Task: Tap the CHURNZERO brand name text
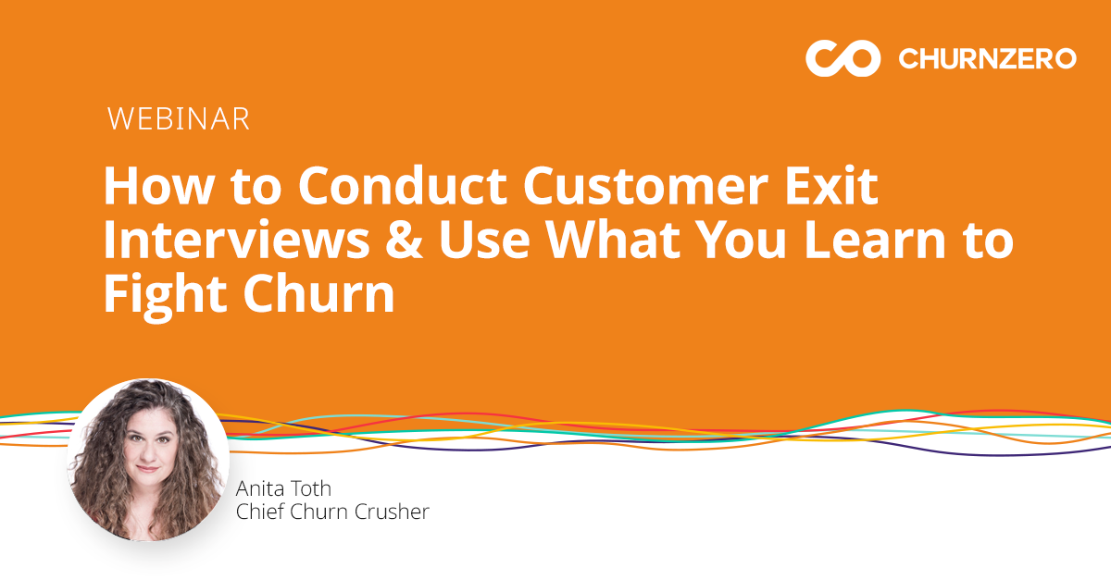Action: point(987,59)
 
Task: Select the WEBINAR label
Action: point(178,118)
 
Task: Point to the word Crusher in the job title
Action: point(394,512)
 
